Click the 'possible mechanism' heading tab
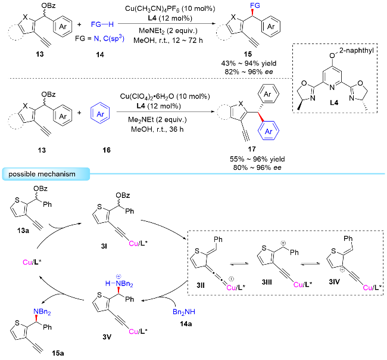pyautogui.click(x=45, y=173)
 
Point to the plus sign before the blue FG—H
pyautogui.click(x=81, y=26)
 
